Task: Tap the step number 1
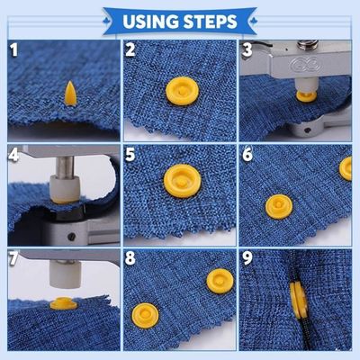coord(13,49)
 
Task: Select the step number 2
coord(131,49)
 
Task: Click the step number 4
coord(14,155)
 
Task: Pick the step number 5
coord(131,155)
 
